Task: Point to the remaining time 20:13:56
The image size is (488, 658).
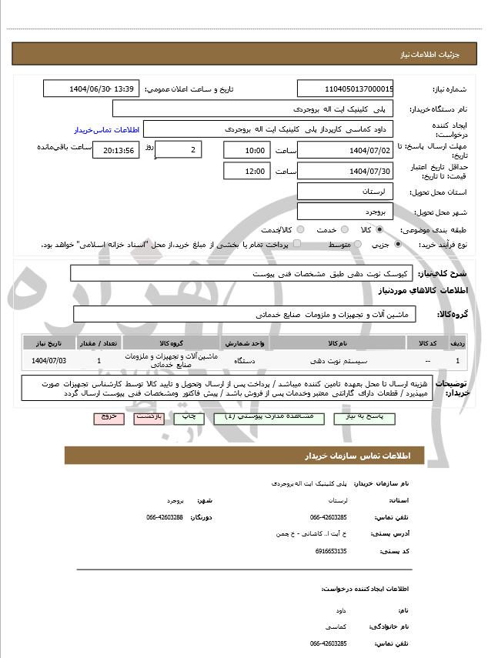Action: click(x=115, y=150)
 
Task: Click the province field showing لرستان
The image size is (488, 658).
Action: click(x=346, y=191)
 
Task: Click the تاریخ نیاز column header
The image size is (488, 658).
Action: click(x=50, y=342)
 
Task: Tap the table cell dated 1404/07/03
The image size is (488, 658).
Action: click(x=50, y=360)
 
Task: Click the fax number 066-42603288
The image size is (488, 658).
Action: click(x=165, y=517)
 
